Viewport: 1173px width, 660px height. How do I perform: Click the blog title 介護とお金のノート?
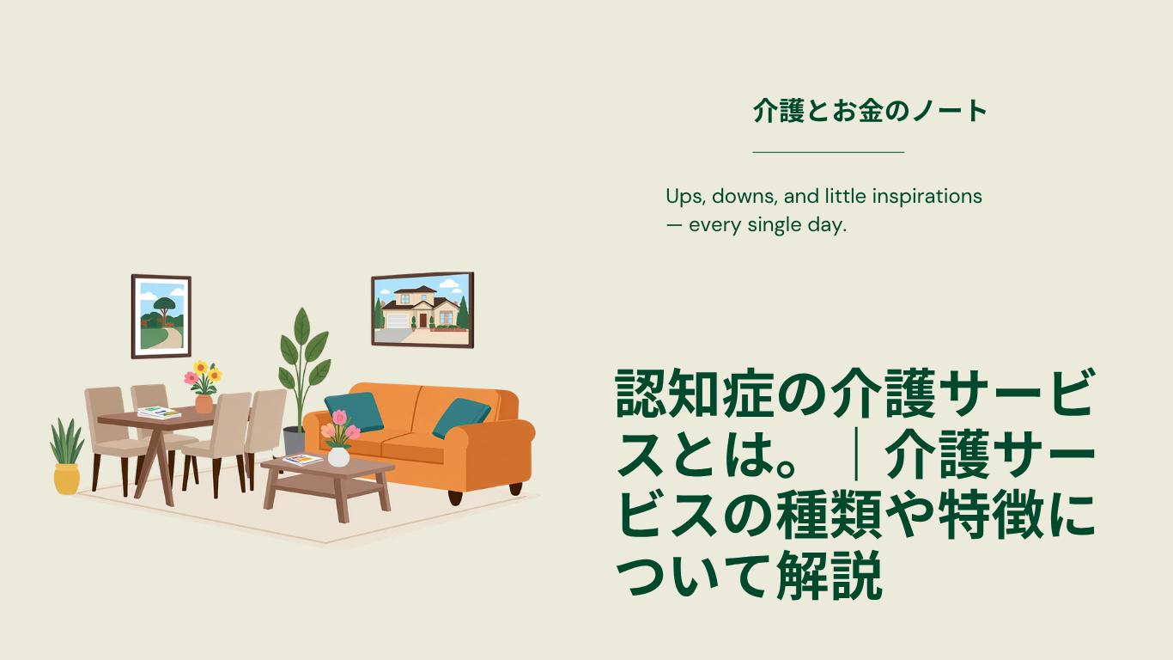(870, 111)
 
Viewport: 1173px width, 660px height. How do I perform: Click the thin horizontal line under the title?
(829, 152)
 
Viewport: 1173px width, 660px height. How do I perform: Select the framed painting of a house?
(422, 310)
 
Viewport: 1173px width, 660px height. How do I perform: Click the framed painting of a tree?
(161, 316)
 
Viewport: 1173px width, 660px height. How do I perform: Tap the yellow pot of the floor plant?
(66, 479)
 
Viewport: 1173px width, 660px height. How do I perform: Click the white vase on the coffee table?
(338, 456)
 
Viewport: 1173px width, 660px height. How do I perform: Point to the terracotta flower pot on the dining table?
(204, 404)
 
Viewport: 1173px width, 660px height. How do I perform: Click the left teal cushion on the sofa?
(355, 412)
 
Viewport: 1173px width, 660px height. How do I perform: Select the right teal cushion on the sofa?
(461, 418)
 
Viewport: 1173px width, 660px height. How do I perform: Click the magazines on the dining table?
(159, 412)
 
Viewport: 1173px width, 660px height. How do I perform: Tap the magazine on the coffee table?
(302, 460)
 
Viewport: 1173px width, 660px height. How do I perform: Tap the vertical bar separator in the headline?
(857, 454)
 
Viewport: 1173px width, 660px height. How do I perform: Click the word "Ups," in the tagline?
(686, 197)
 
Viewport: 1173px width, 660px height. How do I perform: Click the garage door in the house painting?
(398, 321)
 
